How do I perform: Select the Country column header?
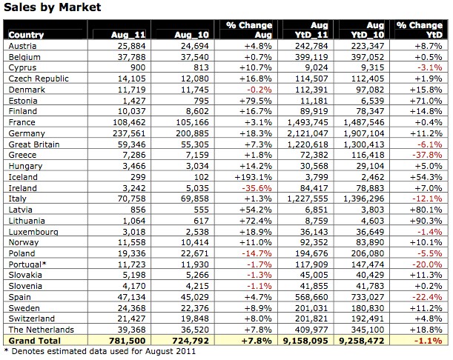[x=26, y=35]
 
